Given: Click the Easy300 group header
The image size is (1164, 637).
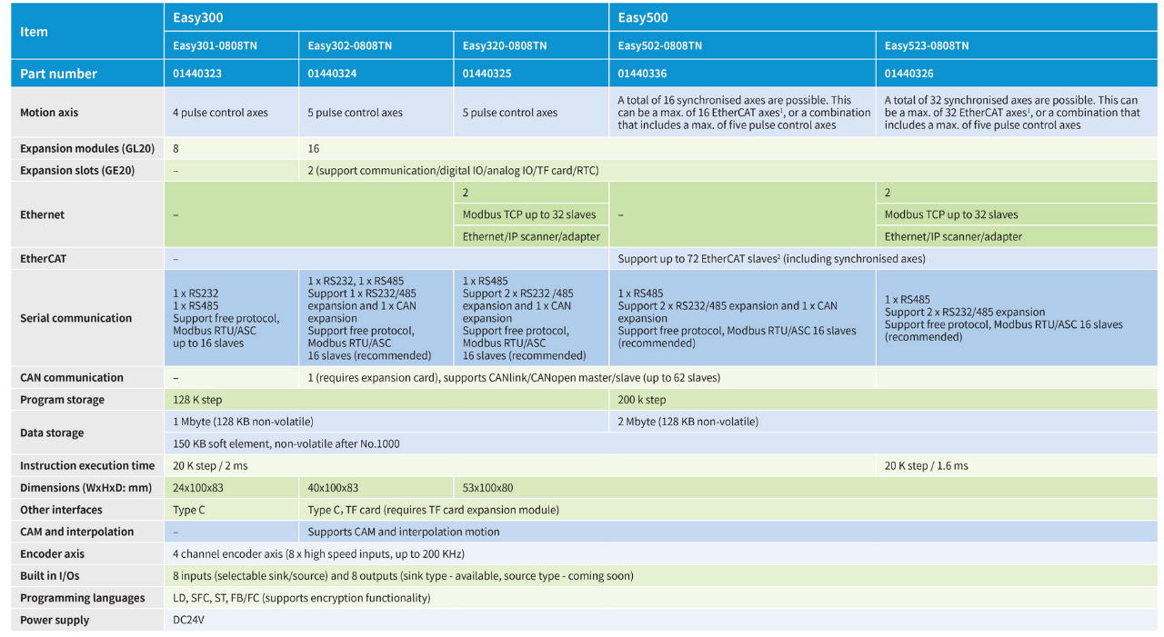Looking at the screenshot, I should coord(198,17).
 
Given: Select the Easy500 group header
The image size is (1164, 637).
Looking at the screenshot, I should coord(644,17).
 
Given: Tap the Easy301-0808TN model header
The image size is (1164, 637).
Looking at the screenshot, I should coord(216,45).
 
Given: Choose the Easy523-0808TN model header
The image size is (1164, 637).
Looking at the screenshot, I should coord(927,45).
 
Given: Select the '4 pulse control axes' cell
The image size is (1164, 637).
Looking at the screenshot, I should coord(220,113).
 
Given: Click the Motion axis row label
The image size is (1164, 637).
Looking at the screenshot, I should coord(49,113).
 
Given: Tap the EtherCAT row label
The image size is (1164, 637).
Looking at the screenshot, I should coord(43,259).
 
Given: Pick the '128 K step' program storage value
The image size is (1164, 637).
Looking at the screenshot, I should coord(197,400).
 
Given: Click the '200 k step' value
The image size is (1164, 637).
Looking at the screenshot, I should coord(642,400).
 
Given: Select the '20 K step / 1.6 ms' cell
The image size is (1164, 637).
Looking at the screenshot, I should coord(927,466).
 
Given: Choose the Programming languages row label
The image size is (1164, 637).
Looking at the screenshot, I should coord(83,598).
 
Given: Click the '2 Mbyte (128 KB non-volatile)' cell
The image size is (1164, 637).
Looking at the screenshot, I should coord(688,422).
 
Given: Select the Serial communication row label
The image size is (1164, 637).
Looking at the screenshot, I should coord(76,318).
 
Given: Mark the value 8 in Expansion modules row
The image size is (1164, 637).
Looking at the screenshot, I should coord(176,148).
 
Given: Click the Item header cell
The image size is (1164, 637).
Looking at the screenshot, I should coord(35,32).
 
